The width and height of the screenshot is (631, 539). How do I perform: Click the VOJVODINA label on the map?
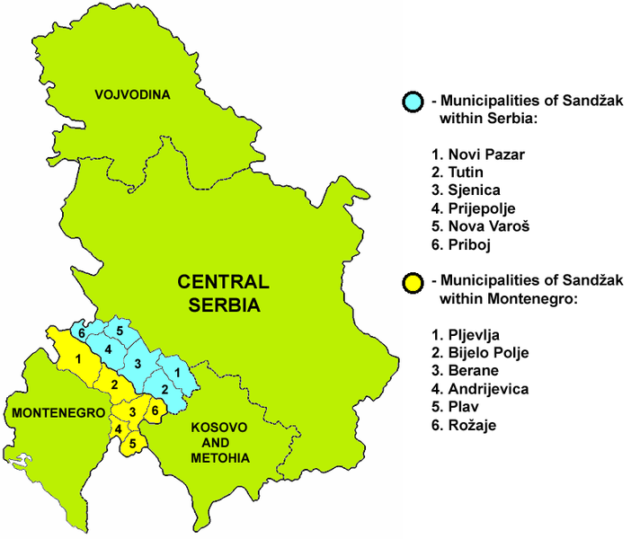click(133, 94)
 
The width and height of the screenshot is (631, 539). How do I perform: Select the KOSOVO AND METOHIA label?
click(219, 444)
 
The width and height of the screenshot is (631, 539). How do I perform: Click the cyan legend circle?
click(413, 102)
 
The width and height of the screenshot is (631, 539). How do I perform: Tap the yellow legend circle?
click(413, 282)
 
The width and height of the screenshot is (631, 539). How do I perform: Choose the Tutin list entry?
click(458, 172)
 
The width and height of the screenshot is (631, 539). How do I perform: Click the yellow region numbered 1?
click(80, 359)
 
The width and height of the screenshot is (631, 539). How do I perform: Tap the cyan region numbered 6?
click(82, 333)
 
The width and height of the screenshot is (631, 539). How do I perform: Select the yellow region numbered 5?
click(133, 443)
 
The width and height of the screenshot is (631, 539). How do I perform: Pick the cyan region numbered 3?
click(138, 363)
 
